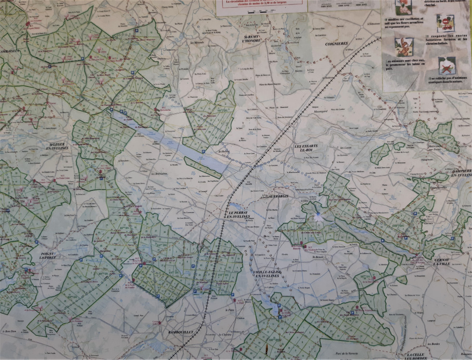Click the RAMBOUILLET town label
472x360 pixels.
point(181,333)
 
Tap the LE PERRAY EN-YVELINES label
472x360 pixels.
point(239,214)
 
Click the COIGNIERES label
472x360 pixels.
point(337,43)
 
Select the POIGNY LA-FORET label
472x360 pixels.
point(48,255)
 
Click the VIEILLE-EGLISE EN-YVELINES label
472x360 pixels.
point(266,274)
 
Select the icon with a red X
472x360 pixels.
point(446,65)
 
